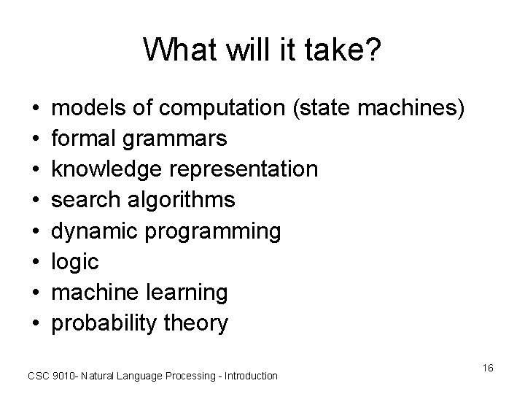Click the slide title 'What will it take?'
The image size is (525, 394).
(262, 50)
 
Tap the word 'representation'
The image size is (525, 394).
(244, 169)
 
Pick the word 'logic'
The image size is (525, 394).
(74, 262)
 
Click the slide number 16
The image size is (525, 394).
(488, 368)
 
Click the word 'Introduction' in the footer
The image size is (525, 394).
(251, 376)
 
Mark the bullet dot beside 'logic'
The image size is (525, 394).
(36, 262)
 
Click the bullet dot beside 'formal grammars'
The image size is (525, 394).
(36, 139)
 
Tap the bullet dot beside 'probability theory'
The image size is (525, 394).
(36, 323)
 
